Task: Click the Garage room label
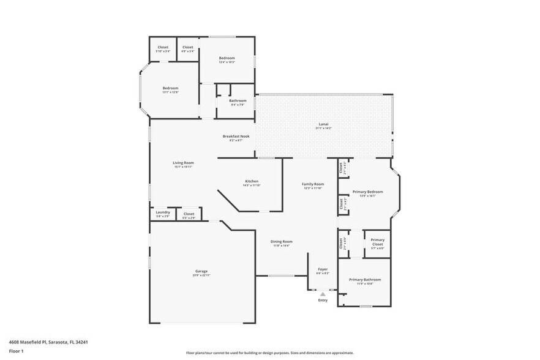(x=201, y=271)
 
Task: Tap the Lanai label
(x=323, y=124)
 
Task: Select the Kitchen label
(x=252, y=181)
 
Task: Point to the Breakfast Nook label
(x=236, y=137)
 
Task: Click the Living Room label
(x=183, y=163)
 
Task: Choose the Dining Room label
(x=282, y=242)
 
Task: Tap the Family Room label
(x=313, y=184)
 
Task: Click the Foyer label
(x=322, y=269)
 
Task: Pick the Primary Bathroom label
(x=361, y=280)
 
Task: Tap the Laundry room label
(x=163, y=212)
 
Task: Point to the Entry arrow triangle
(x=323, y=294)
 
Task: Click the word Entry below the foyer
(x=323, y=300)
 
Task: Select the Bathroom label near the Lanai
(x=238, y=101)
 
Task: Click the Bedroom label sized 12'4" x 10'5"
(x=227, y=58)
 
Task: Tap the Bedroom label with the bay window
(x=170, y=89)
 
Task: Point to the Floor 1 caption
(x=16, y=351)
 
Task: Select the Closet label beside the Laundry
(x=189, y=214)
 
